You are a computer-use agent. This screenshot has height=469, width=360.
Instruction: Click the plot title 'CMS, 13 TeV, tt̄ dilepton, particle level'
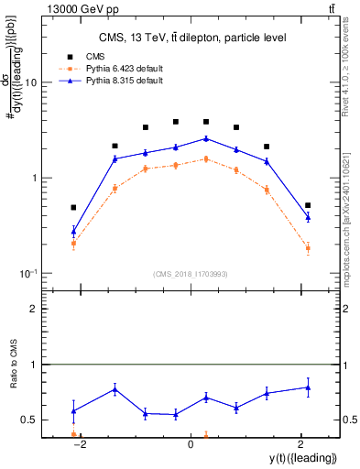[191, 38]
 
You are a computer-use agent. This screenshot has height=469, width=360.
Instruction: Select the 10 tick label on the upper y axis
[29, 82]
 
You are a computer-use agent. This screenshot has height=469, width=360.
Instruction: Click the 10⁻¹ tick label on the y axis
[27, 274]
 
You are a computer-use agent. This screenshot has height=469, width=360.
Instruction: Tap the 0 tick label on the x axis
[191, 444]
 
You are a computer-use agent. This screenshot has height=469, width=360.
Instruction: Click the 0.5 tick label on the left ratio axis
[29, 420]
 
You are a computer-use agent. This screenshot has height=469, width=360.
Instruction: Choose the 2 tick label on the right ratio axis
[347, 310]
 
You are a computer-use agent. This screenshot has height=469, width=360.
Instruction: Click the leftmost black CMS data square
[73, 208]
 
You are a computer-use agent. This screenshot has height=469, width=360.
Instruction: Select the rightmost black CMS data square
[308, 205]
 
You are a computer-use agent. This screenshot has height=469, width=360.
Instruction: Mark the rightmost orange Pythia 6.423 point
[308, 248]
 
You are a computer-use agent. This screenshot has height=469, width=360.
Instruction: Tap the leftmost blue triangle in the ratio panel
[73, 410]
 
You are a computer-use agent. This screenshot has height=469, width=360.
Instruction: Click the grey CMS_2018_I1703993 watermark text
[190, 274]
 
